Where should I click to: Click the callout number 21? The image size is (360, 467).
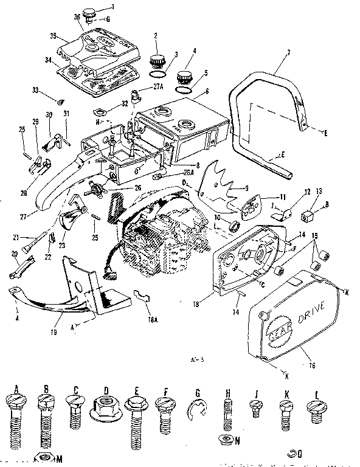tap(17, 236)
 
